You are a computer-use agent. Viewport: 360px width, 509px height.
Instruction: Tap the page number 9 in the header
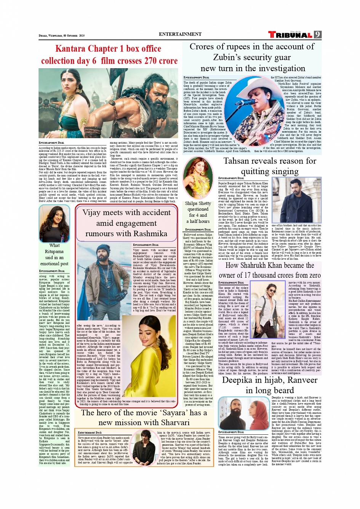[x=317, y=35]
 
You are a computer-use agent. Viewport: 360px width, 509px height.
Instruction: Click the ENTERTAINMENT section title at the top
[x=180, y=34]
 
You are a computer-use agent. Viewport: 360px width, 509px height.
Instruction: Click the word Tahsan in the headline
[x=238, y=161]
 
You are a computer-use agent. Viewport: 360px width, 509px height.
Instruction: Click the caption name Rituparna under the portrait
[x=54, y=251]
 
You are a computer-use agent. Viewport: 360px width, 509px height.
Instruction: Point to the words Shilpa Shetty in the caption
[x=198, y=203]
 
